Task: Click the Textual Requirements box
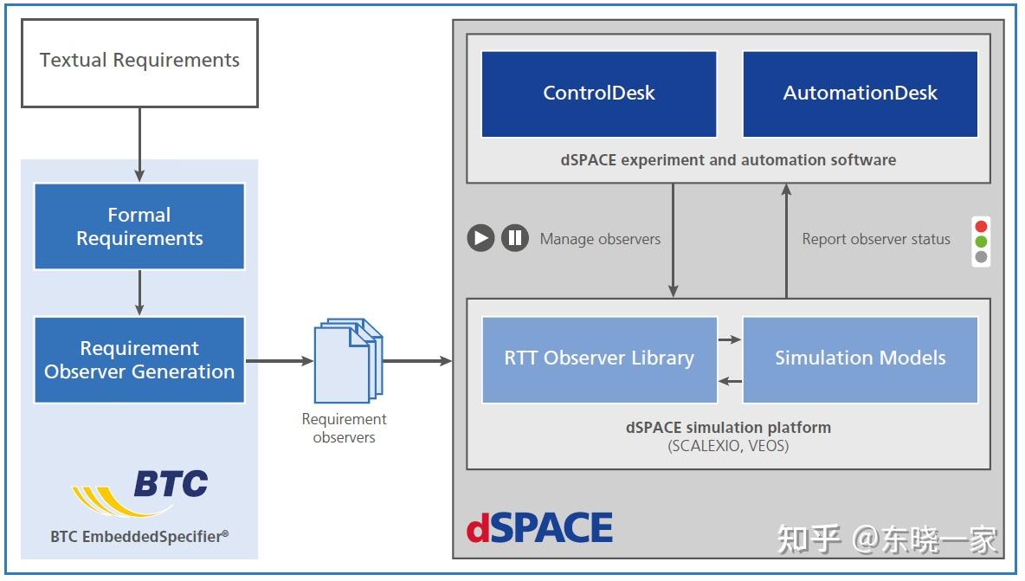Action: coord(140,62)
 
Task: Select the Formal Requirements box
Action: coord(139,226)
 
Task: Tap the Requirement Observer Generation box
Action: coord(139,359)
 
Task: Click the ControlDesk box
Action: coord(599,94)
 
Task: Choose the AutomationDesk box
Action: coord(861,94)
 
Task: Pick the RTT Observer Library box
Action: coord(599,359)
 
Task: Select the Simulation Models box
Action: coord(861,359)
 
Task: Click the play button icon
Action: coord(480,238)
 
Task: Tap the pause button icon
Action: coord(515,238)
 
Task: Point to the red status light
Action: coord(981,226)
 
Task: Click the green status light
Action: coord(981,242)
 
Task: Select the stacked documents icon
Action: coord(348,360)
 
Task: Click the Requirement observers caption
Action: coord(344,428)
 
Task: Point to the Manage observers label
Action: coord(600,239)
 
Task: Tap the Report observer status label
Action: coord(876,239)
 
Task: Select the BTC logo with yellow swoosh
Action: coord(140,492)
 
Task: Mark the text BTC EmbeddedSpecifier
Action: coord(139,537)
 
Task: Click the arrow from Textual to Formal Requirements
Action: coord(139,145)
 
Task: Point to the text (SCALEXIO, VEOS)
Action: coord(728,447)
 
